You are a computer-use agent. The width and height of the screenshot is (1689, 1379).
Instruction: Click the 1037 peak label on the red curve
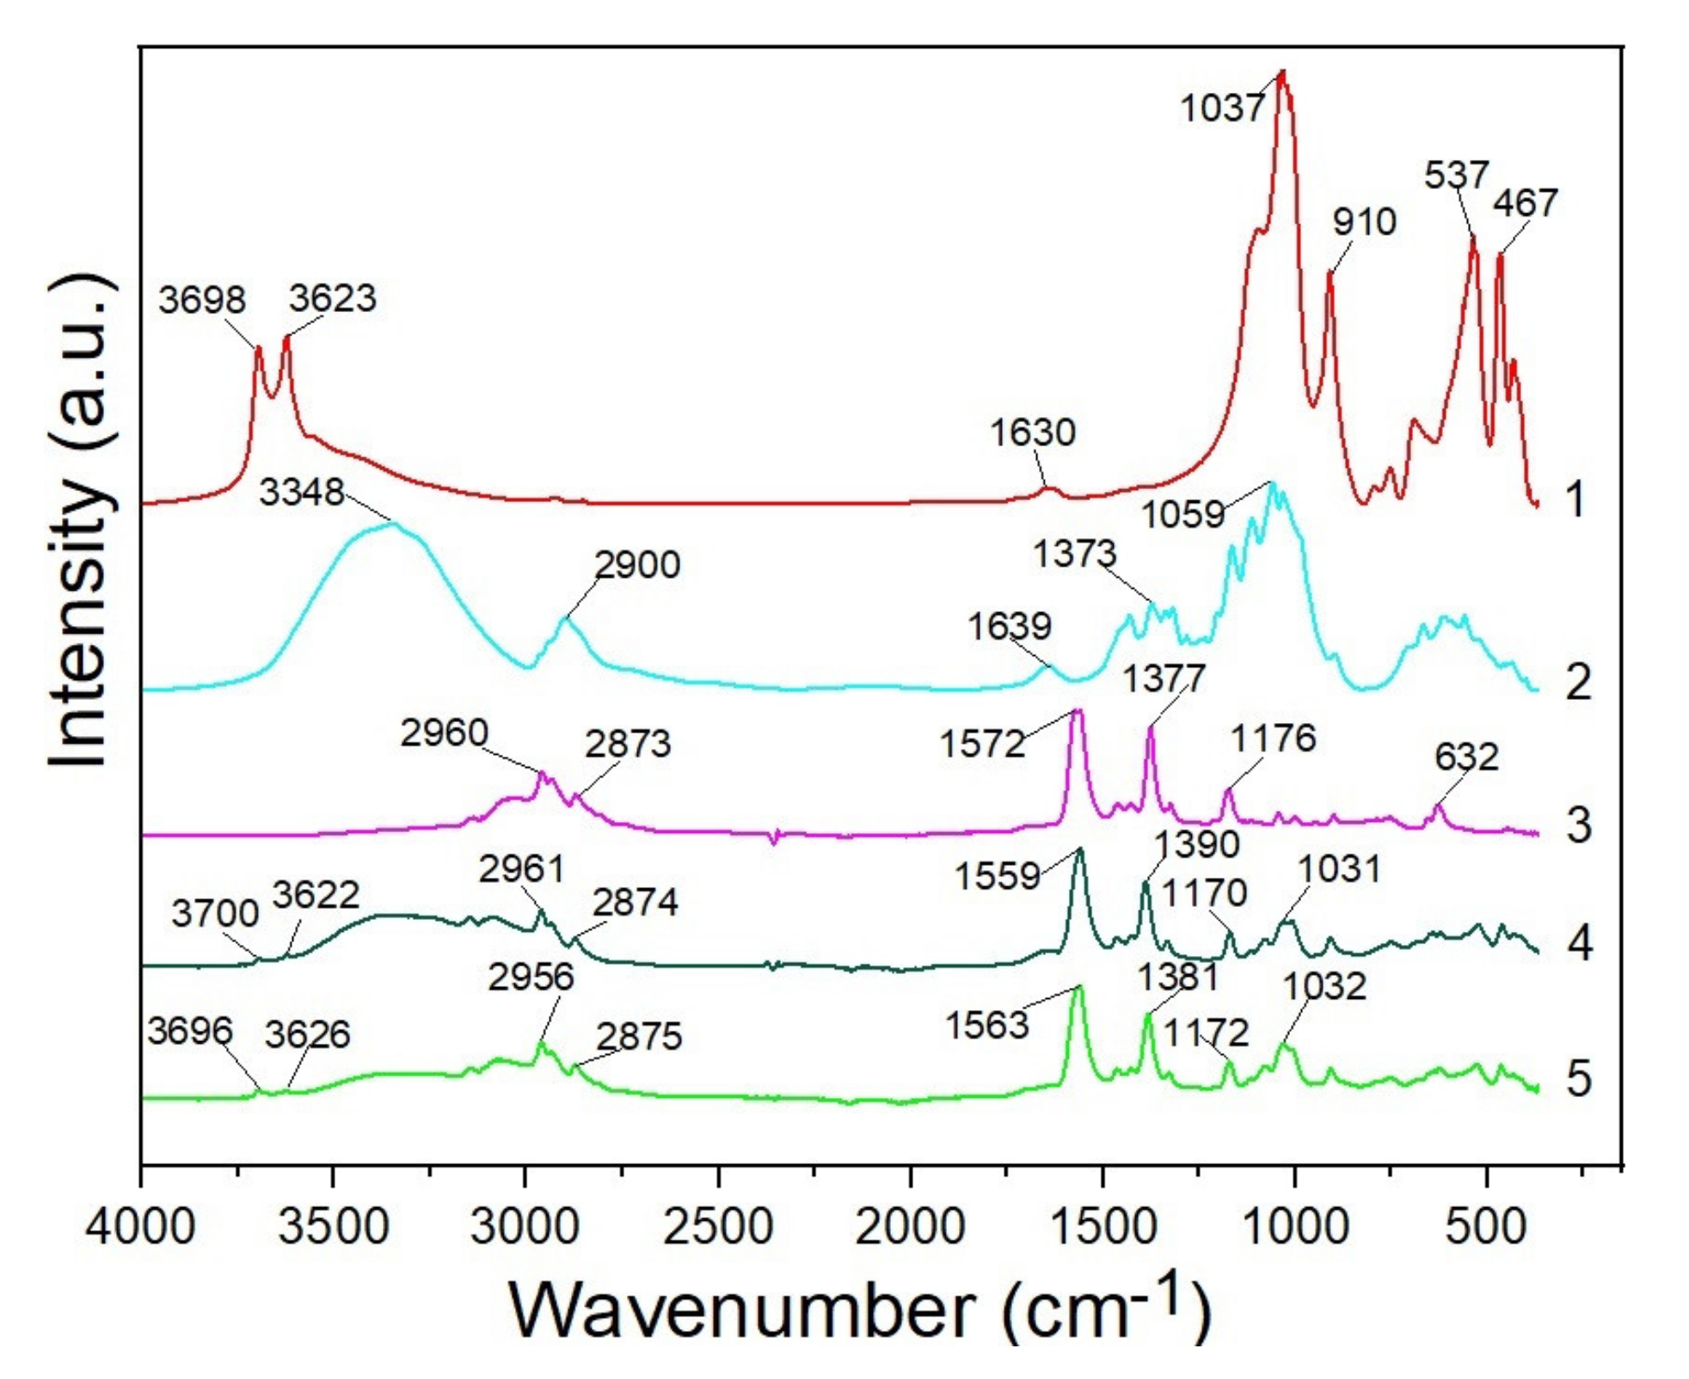tap(1222, 108)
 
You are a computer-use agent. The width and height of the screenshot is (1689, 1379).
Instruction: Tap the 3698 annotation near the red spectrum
tap(202, 300)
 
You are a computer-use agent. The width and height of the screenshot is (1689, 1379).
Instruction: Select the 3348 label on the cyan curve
tap(302, 493)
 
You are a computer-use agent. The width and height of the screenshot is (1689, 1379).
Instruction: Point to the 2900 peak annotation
tap(637, 565)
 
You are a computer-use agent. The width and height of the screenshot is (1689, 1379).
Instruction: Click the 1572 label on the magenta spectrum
tap(982, 744)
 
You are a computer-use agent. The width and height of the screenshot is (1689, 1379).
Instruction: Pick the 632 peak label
tap(1466, 757)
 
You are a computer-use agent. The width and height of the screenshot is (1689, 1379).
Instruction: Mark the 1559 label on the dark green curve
tap(997, 876)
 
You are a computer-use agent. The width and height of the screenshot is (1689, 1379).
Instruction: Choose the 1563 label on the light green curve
tap(986, 1025)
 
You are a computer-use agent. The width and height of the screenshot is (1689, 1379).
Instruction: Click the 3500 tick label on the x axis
tap(334, 1226)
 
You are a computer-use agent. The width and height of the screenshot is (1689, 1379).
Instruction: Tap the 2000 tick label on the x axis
tap(910, 1226)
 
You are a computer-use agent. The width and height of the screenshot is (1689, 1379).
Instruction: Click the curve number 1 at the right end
tap(1575, 500)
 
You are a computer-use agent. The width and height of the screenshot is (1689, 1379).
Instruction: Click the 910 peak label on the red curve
tap(1364, 222)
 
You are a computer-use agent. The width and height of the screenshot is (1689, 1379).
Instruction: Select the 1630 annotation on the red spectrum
tap(1032, 432)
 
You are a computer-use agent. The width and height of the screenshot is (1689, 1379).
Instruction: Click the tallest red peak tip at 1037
tap(1281, 74)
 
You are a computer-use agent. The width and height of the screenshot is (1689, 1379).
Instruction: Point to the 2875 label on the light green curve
tap(639, 1037)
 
